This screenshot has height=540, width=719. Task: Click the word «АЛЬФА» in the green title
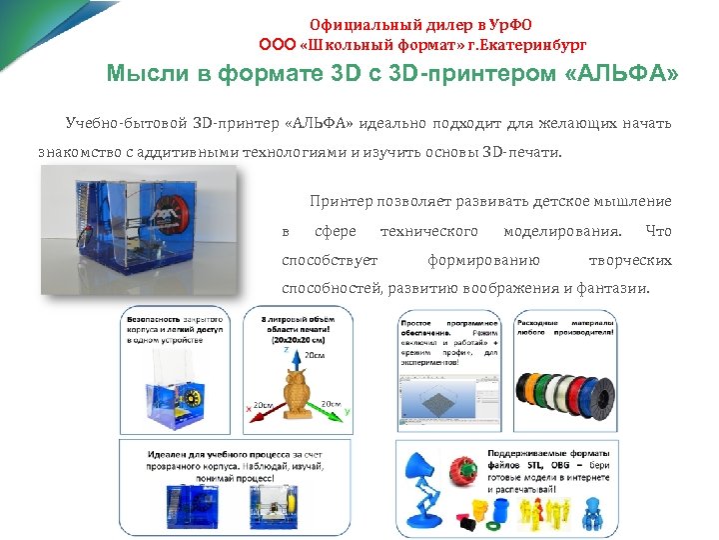click(x=630, y=75)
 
